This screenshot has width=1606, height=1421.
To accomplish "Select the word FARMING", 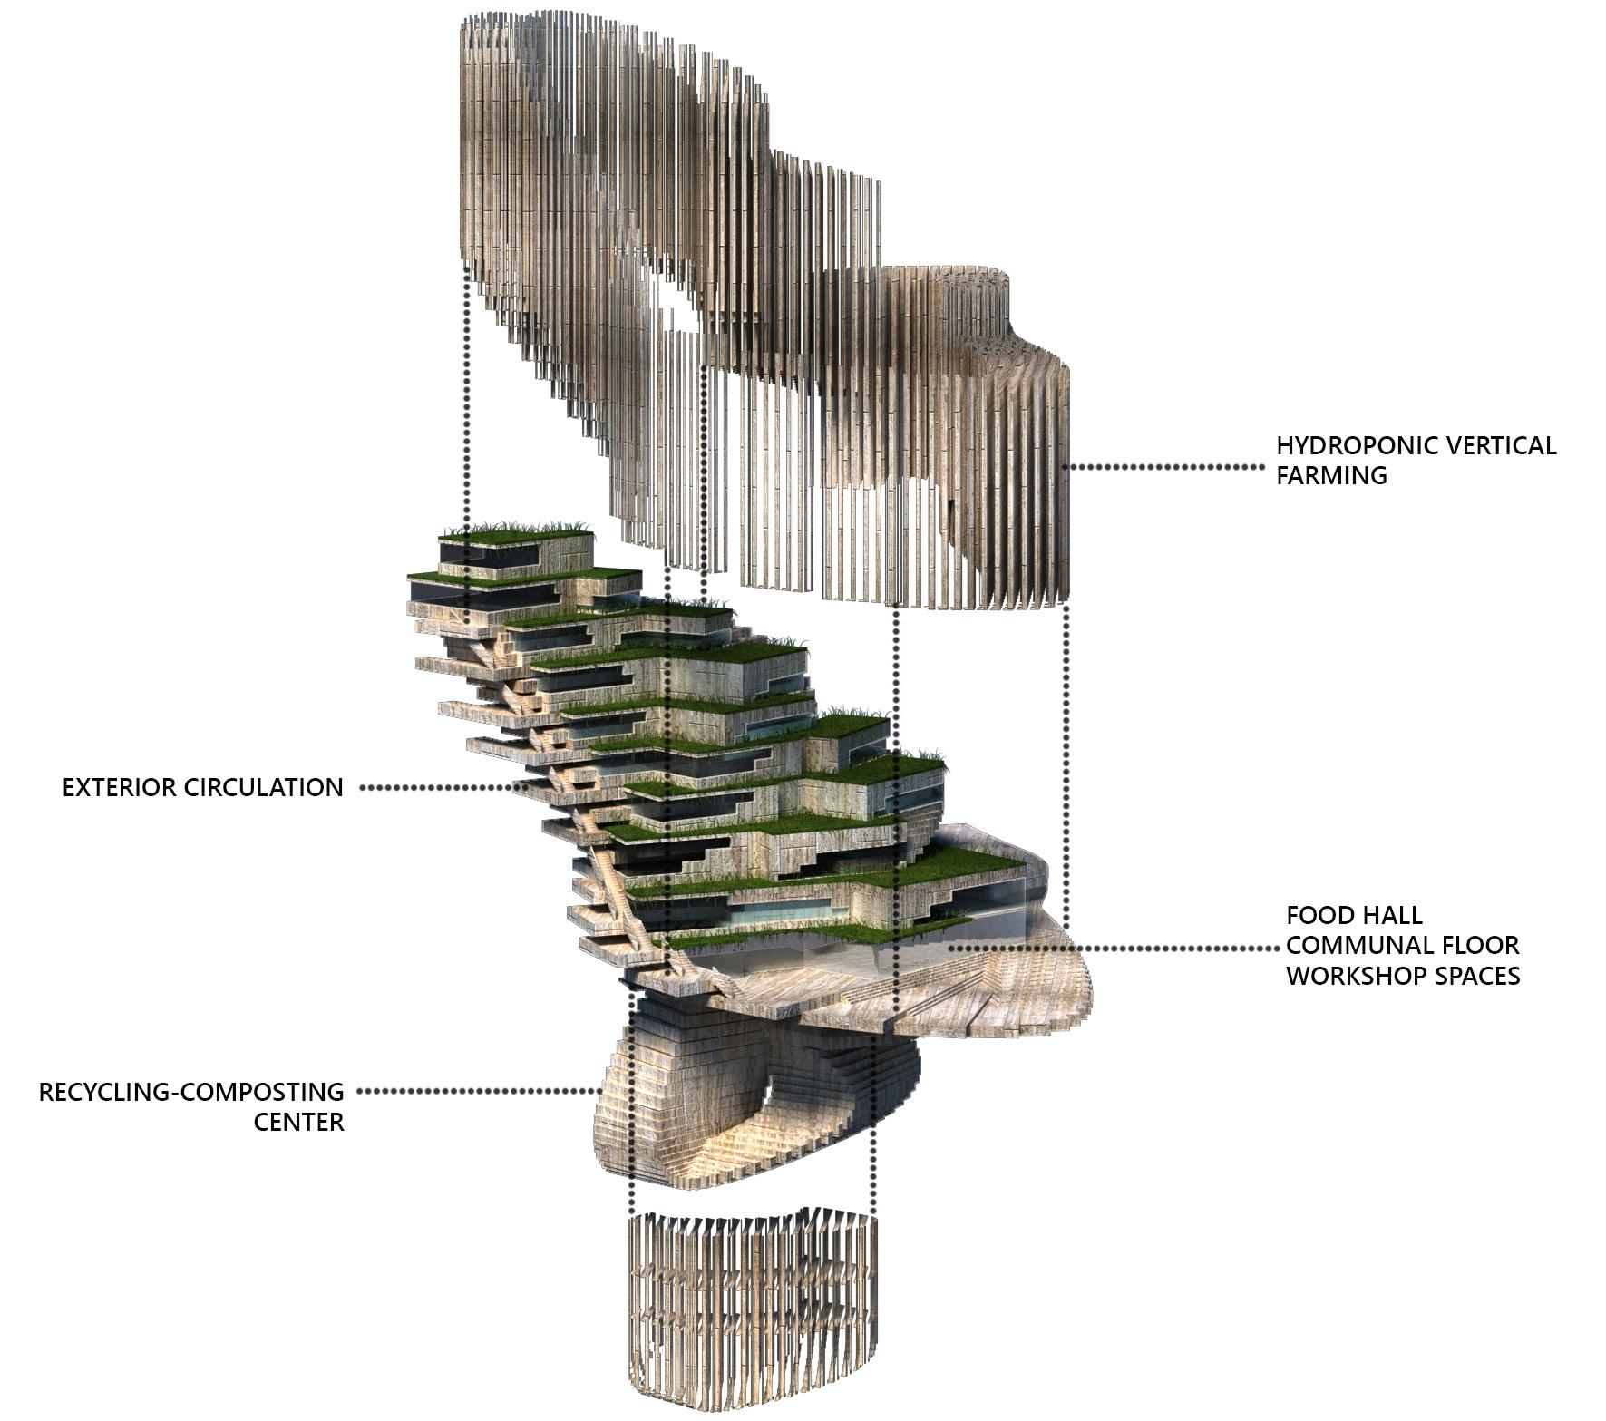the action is pyautogui.click(x=1331, y=476).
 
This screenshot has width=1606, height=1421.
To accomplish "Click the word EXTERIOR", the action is pyautogui.click(x=120, y=787).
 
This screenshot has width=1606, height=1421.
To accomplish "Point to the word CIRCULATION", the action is pyautogui.click(x=264, y=787).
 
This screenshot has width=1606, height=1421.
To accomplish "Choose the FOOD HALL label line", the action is pyautogui.click(x=1354, y=915).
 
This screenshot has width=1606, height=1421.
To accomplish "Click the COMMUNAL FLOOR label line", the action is pyautogui.click(x=1402, y=945).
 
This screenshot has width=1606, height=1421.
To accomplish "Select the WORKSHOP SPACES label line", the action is pyautogui.click(x=1402, y=976).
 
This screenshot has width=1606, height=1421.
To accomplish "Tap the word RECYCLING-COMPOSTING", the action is pyautogui.click(x=191, y=1092).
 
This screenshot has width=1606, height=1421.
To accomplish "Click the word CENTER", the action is pyautogui.click(x=298, y=1123).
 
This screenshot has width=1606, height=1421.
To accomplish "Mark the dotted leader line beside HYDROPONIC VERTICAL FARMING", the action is pyautogui.click(x=1165, y=467).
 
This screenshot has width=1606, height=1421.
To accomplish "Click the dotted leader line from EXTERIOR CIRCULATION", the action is pyautogui.click(x=435, y=788).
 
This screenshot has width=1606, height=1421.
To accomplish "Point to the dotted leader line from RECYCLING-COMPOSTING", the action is pyautogui.click(x=472, y=1092).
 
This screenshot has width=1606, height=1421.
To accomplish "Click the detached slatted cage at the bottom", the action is pyautogui.click(x=753, y=1306).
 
